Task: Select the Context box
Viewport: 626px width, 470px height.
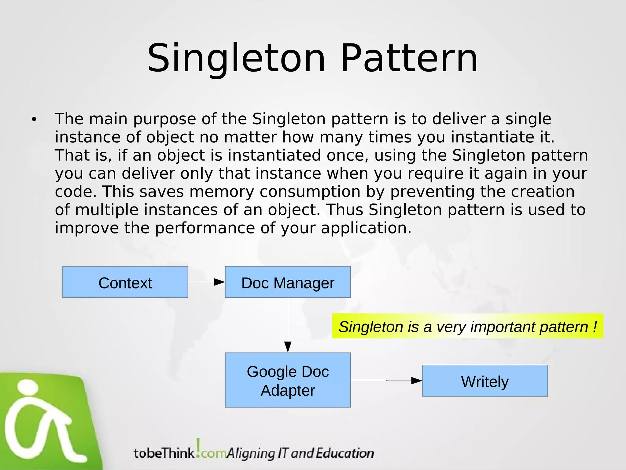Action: point(125,282)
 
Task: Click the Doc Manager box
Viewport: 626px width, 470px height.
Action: point(288,282)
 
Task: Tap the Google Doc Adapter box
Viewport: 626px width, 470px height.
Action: point(288,380)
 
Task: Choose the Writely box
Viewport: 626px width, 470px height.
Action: point(485,381)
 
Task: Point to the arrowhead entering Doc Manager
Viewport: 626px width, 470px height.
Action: point(219,282)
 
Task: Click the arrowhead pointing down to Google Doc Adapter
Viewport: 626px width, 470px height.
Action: point(288,347)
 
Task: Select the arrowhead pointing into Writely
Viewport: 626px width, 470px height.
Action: point(416,381)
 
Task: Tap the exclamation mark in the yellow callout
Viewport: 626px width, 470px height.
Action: point(595,326)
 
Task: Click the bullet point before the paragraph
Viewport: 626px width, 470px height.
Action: point(34,120)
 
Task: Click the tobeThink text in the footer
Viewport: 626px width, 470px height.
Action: point(164,453)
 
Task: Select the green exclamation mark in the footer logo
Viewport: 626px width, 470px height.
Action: point(199,447)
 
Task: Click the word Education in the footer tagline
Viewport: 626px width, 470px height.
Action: point(344,453)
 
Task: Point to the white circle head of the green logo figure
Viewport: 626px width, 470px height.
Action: point(28,387)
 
